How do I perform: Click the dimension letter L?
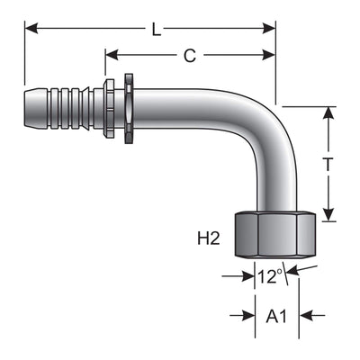pyautogui.click(x=156, y=30)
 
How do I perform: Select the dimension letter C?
pyautogui.click(x=190, y=55)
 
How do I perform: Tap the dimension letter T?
pyautogui.click(x=328, y=164)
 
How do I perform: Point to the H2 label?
pyautogui.click(x=209, y=238)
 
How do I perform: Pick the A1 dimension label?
pyautogui.click(x=276, y=316)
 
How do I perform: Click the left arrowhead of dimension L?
pyautogui.click(x=31, y=29)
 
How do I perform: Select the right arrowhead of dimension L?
pyautogui.click(x=269, y=29)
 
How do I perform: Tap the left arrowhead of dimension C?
pyautogui.click(x=112, y=55)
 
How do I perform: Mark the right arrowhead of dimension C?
pyautogui.click(x=269, y=55)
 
